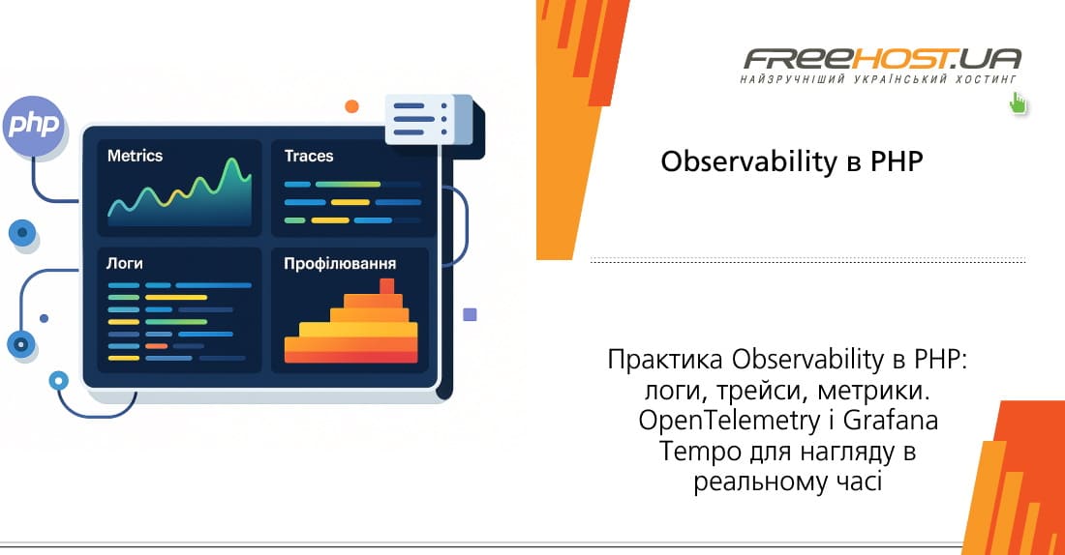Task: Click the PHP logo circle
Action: [x=33, y=126]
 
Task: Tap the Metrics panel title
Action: [x=135, y=156]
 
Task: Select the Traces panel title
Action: [x=309, y=156]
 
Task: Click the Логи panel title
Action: [x=126, y=263]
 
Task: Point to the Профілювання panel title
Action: [x=340, y=263]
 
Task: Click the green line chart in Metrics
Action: [x=179, y=190]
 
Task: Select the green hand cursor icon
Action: [x=1018, y=102]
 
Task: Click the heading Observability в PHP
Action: [x=792, y=161]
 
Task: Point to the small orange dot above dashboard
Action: [x=351, y=106]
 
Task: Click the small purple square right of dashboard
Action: [x=470, y=314]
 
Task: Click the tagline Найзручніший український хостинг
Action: [x=880, y=76]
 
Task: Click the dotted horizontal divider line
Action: [x=807, y=261]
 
